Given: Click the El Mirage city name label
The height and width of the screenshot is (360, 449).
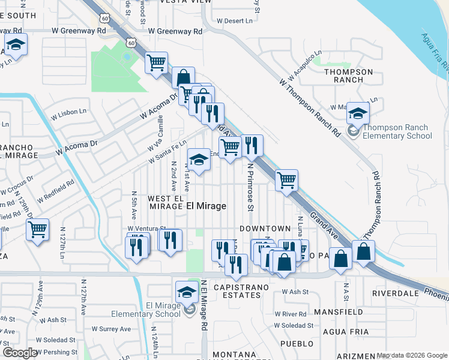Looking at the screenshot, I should click(x=206, y=206).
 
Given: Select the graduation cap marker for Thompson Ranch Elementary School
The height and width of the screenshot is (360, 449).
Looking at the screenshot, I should click(x=358, y=113).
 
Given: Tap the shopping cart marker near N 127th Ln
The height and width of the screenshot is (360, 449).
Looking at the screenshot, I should click(x=38, y=229).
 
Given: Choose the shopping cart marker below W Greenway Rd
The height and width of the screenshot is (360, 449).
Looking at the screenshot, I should click(x=156, y=62).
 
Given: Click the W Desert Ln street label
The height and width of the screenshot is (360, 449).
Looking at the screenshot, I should click(x=237, y=20).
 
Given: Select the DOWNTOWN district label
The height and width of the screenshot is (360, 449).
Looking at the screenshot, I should click(x=265, y=229).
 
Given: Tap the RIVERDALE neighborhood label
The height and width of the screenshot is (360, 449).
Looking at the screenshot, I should click(x=394, y=293).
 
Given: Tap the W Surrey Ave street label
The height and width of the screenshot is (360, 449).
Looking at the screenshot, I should click(x=111, y=329).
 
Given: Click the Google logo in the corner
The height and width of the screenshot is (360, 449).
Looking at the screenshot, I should click(x=20, y=353).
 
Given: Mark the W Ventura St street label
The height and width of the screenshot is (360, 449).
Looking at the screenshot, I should click(x=146, y=229).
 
